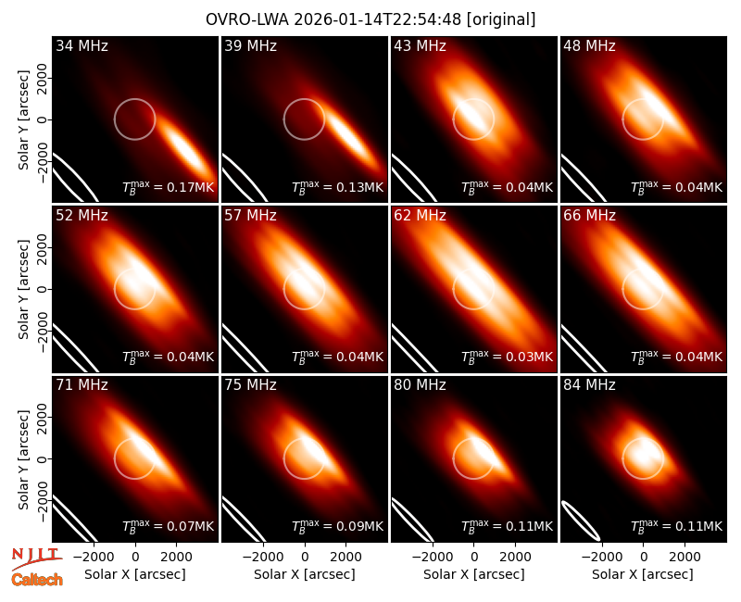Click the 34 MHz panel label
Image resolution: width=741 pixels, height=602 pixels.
pyautogui.click(x=82, y=45)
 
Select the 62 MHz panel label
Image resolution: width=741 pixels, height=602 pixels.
pyautogui.click(x=421, y=216)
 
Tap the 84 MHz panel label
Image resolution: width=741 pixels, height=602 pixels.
pyautogui.click(x=589, y=385)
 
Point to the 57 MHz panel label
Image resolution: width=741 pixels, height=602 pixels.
pyautogui.click(x=250, y=216)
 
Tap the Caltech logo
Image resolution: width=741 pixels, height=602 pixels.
pyautogui.click(x=37, y=580)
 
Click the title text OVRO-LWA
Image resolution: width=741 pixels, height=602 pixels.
pyautogui.click(x=247, y=19)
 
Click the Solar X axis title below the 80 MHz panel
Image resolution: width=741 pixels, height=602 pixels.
pyautogui.click(x=474, y=574)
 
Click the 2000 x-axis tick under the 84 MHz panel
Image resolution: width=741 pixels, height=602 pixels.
pyautogui.click(x=684, y=558)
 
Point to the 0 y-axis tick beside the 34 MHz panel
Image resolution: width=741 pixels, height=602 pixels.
pyautogui.click(x=43, y=119)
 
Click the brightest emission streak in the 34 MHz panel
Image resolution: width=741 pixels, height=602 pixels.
pyautogui.click(x=185, y=147)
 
